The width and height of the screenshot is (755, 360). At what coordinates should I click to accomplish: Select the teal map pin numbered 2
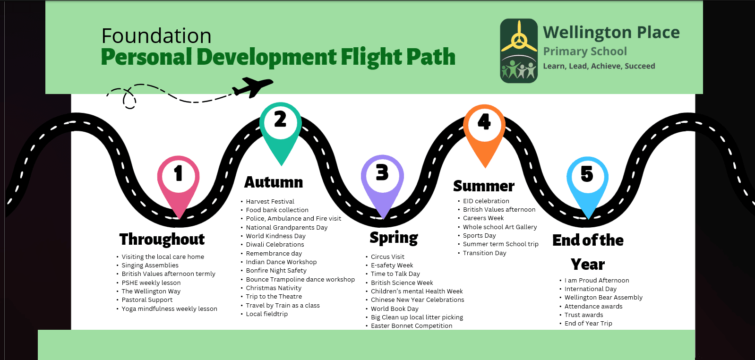tap(281, 125)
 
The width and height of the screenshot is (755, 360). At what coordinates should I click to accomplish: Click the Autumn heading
tap(274, 182)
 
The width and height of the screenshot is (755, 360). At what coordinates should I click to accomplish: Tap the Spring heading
tap(394, 238)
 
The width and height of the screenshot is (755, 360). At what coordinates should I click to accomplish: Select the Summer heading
tap(484, 186)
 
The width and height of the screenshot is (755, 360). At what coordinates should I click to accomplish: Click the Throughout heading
tap(162, 240)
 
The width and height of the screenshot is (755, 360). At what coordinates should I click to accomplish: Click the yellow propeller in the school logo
tap(519, 38)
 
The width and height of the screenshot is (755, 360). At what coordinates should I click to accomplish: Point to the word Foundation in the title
tap(156, 36)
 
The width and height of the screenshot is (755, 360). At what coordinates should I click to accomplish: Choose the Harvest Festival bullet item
tap(270, 202)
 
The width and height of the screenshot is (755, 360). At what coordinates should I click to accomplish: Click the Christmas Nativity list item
tap(274, 288)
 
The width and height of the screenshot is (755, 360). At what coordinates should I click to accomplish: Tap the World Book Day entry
tap(395, 309)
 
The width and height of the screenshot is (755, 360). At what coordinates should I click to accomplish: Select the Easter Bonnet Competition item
tap(412, 326)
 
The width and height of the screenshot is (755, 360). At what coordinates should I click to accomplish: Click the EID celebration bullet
tap(486, 201)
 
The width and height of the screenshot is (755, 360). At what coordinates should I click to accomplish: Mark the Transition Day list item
tap(484, 253)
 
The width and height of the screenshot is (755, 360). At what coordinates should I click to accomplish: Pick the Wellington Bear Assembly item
tap(603, 298)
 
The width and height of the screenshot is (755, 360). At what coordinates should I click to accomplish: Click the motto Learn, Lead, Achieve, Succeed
tap(599, 66)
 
